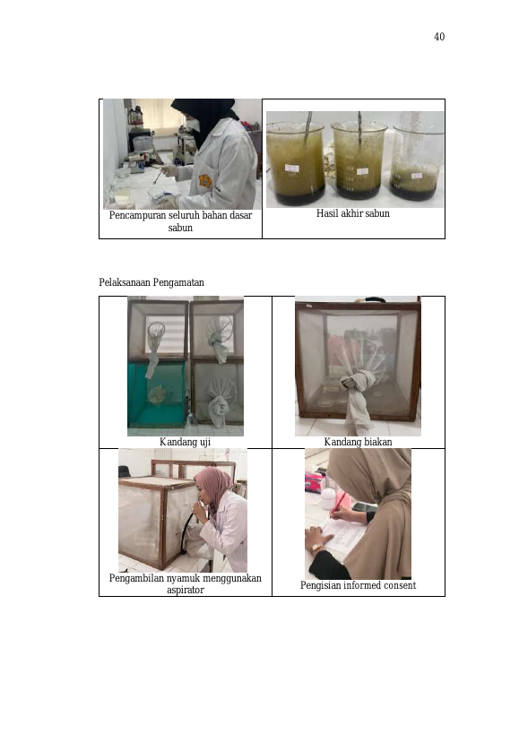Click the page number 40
tap(439, 37)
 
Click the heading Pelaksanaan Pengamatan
tap(151, 282)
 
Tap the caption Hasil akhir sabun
tap(353, 213)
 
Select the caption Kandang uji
tap(186, 442)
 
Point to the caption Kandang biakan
tap(358, 442)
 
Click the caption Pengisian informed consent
tap(358, 585)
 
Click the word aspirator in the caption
tap(186, 590)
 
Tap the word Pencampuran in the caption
tap(134, 215)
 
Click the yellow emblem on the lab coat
tap(205, 181)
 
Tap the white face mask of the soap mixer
tap(193, 125)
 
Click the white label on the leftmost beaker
tap(291, 168)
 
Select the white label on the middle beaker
tap(362, 171)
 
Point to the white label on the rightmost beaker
tap(416, 176)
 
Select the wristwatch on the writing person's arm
tap(316, 548)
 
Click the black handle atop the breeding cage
tap(375, 299)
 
